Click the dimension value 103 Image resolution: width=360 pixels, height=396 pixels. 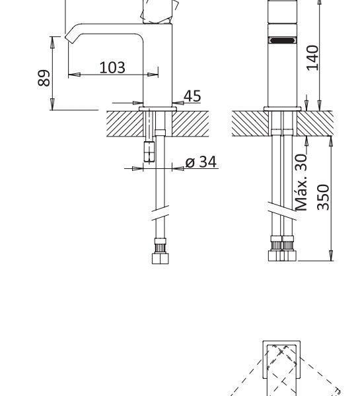[x=112, y=67]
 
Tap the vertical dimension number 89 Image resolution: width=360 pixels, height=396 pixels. [x=44, y=78]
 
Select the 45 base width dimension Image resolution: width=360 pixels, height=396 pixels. [x=192, y=96]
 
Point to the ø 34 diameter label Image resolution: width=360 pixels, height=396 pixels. [x=201, y=162]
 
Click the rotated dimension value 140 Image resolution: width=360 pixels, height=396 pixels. [x=312, y=58]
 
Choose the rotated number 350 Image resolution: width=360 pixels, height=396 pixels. [x=324, y=197]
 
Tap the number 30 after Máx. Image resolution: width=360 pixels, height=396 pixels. [x=301, y=162]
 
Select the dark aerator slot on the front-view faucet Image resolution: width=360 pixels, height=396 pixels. [x=283, y=40]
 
